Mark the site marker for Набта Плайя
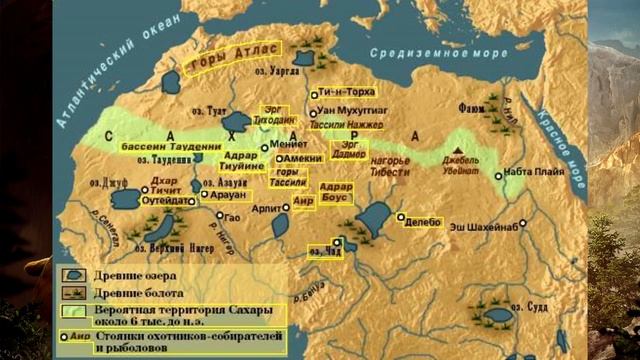[x=499, y=172]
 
